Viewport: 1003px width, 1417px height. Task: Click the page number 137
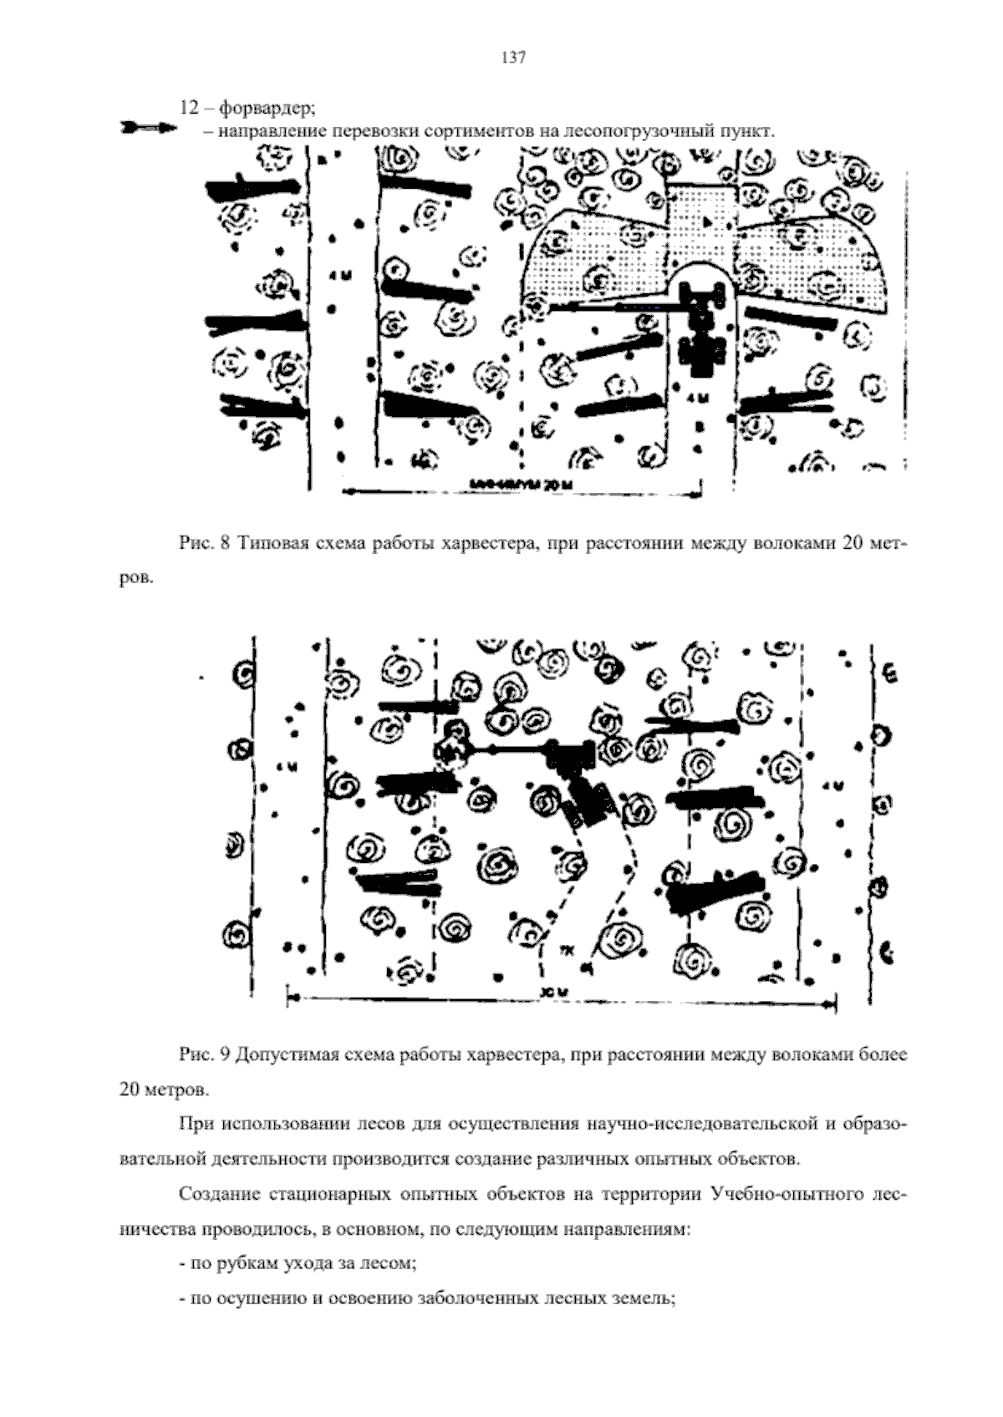512,58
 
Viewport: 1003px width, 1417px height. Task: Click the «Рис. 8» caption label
204,544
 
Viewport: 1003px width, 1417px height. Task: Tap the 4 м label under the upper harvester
699,399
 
